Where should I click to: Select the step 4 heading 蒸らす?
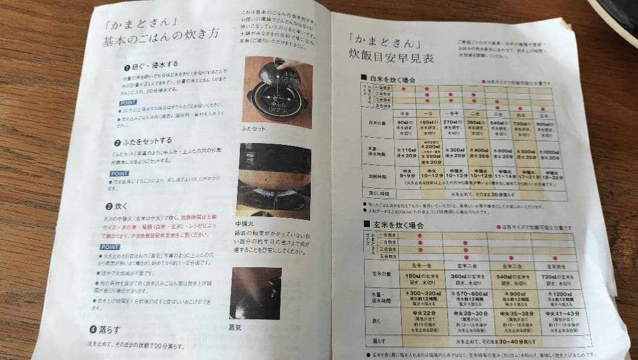point(109,329)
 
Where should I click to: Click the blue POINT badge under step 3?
point(110,247)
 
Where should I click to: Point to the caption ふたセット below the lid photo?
point(253,128)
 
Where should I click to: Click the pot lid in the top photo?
point(273,77)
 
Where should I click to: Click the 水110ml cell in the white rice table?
point(405,154)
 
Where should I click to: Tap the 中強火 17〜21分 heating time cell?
point(527,175)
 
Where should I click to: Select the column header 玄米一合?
point(420,267)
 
